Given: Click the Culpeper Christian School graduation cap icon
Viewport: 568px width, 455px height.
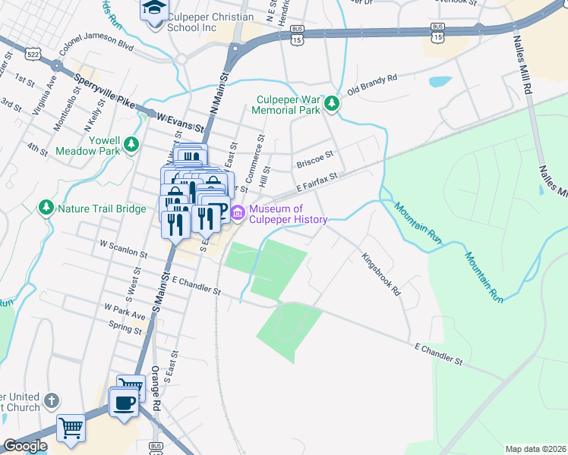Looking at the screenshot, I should click(153, 10).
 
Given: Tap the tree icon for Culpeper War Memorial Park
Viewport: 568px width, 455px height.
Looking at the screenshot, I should click(332, 104).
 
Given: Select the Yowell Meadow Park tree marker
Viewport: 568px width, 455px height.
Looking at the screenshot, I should click(132, 143).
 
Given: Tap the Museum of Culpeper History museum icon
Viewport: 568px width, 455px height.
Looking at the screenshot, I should click(237, 214).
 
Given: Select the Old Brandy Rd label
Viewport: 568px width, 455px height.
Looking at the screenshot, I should click(372, 84).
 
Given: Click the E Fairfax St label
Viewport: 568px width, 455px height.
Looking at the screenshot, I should click(316, 180).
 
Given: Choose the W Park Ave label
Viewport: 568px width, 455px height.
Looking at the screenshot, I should click(125, 312).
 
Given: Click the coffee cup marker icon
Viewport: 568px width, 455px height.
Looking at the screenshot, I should click(122, 402).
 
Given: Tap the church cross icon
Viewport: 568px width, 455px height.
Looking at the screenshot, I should click(51, 400).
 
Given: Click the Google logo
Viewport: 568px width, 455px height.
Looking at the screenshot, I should click(25, 446).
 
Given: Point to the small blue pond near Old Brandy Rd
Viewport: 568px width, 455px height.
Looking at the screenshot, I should click(439, 81).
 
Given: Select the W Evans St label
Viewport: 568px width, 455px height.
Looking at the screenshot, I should click(180, 120).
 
